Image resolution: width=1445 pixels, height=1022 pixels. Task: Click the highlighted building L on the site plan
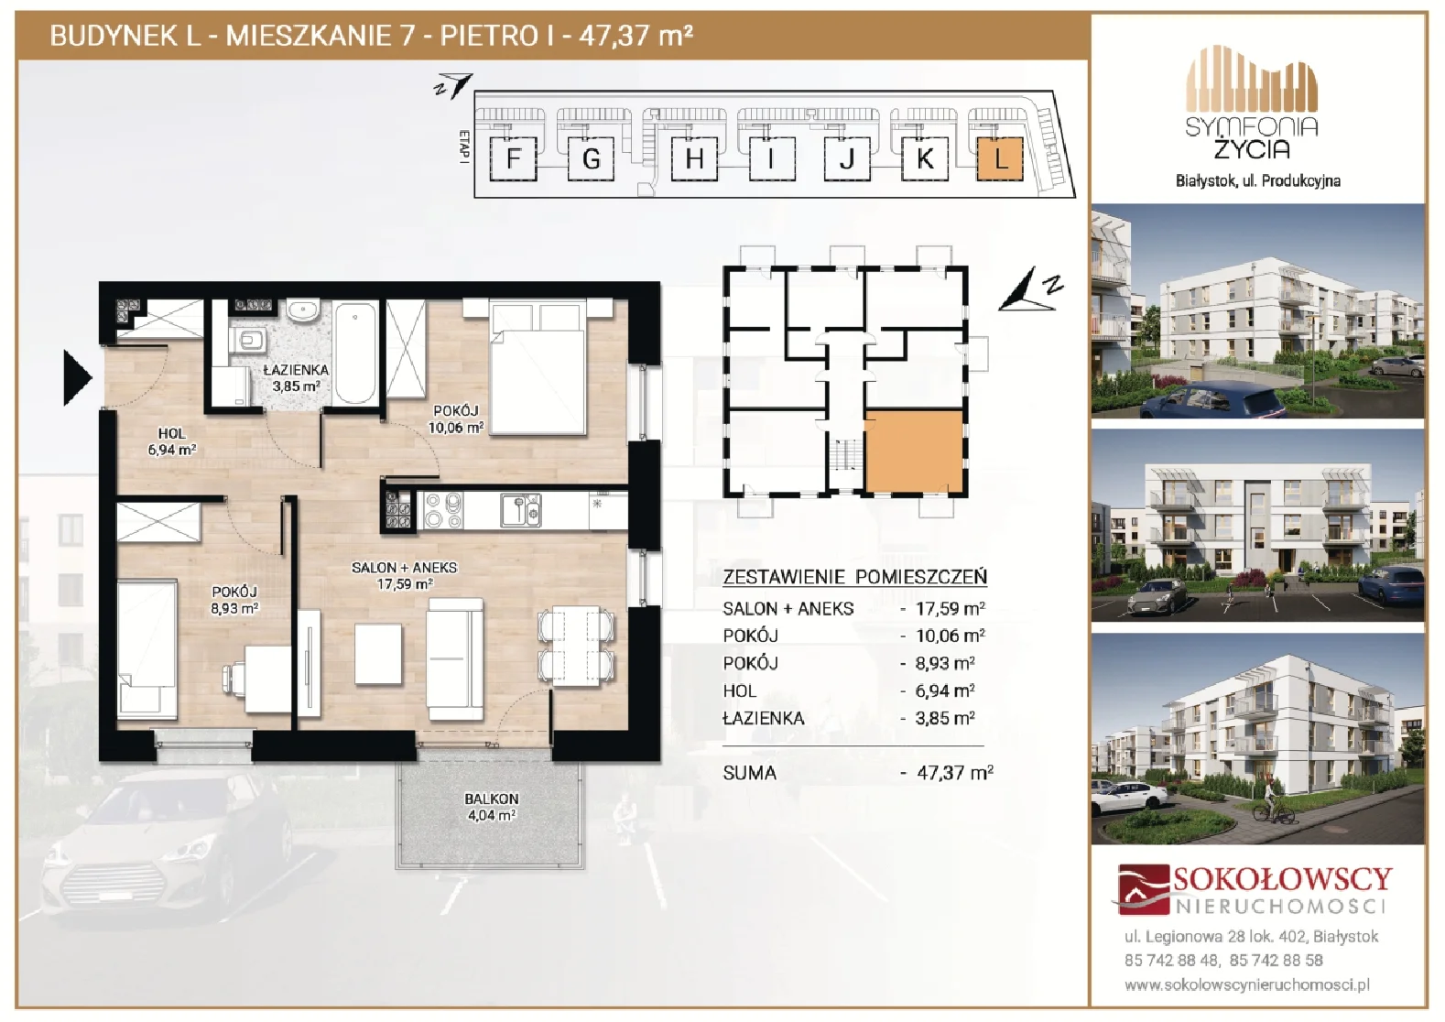point(999,158)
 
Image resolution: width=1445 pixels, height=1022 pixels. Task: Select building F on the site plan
point(514,158)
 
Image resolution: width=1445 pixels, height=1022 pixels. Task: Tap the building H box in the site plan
point(694,158)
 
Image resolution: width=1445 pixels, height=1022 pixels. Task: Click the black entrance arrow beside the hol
point(78,378)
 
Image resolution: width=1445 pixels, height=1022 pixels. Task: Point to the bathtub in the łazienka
point(355,354)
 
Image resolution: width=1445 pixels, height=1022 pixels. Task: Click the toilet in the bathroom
point(249,340)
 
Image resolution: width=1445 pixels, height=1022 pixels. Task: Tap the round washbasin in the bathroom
point(301,311)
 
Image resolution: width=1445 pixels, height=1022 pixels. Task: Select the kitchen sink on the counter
point(521,510)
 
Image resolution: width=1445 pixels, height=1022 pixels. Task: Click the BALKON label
point(492,799)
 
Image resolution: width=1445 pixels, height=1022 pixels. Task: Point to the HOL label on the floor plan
point(171,433)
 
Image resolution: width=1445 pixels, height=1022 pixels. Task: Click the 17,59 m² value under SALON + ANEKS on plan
point(405,584)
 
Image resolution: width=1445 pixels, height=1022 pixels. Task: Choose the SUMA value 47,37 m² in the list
point(955,772)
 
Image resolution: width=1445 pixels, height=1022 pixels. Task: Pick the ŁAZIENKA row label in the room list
point(763,718)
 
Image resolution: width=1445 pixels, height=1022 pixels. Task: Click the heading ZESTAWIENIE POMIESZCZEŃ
point(854,577)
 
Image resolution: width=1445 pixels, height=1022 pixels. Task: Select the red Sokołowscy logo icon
point(1143,889)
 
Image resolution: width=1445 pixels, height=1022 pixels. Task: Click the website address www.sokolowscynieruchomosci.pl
point(1247,985)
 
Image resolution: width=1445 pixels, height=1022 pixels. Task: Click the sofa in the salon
point(455,658)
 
